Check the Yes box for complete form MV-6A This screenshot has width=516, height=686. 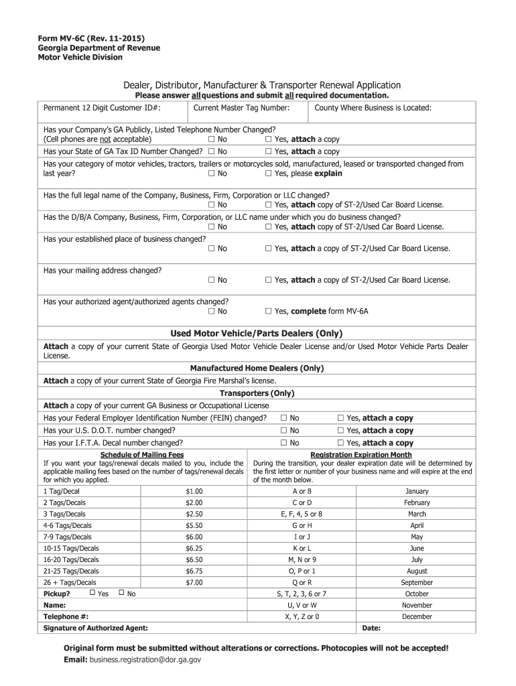(268, 312)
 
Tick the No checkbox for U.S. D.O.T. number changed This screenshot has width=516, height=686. (284, 431)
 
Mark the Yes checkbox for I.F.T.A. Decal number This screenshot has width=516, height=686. (340, 443)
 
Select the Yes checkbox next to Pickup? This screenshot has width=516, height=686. (92, 594)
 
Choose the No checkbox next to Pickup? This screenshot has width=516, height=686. (121, 594)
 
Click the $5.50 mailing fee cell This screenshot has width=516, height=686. (194, 526)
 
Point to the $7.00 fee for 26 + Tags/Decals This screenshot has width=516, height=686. (194, 583)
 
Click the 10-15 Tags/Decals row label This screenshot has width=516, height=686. (70, 548)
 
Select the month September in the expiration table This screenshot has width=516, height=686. (417, 583)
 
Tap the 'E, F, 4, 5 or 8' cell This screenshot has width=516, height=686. (302, 514)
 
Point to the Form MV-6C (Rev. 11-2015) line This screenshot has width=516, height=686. (90, 38)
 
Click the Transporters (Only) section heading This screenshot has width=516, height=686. (257, 393)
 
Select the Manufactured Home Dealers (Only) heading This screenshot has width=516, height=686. (257, 368)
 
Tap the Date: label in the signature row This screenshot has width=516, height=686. (371, 628)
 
